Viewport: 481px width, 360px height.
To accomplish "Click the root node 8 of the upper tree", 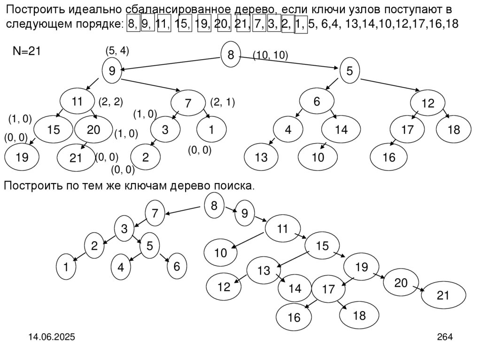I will pyautogui.click(x=231, y=55).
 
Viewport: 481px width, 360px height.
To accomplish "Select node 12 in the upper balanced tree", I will pyautogui.click(x=428, y=104).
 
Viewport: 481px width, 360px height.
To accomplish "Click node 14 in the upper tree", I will pyautogui.click(x=341, y=130).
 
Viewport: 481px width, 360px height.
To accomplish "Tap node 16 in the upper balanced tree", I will pyautogui.click(x=389, y=158).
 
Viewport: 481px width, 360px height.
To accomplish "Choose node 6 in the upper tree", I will pyautogui.click(x=317, y=101).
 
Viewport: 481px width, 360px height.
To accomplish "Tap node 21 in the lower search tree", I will pyautogui.click(x=443, y=296).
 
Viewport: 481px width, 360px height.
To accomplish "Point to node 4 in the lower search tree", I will pyautogui.click(x=121, y=268).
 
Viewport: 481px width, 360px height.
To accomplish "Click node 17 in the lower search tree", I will pyautogui.click(x=328, y=289).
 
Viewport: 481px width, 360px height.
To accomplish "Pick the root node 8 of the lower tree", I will pyautogui.click(x=214, y=206).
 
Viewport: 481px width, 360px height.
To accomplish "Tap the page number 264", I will pyautogui.click(x=444, y=337).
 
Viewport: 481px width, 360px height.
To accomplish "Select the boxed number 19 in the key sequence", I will pyautogui.click(x=203, y=24).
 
